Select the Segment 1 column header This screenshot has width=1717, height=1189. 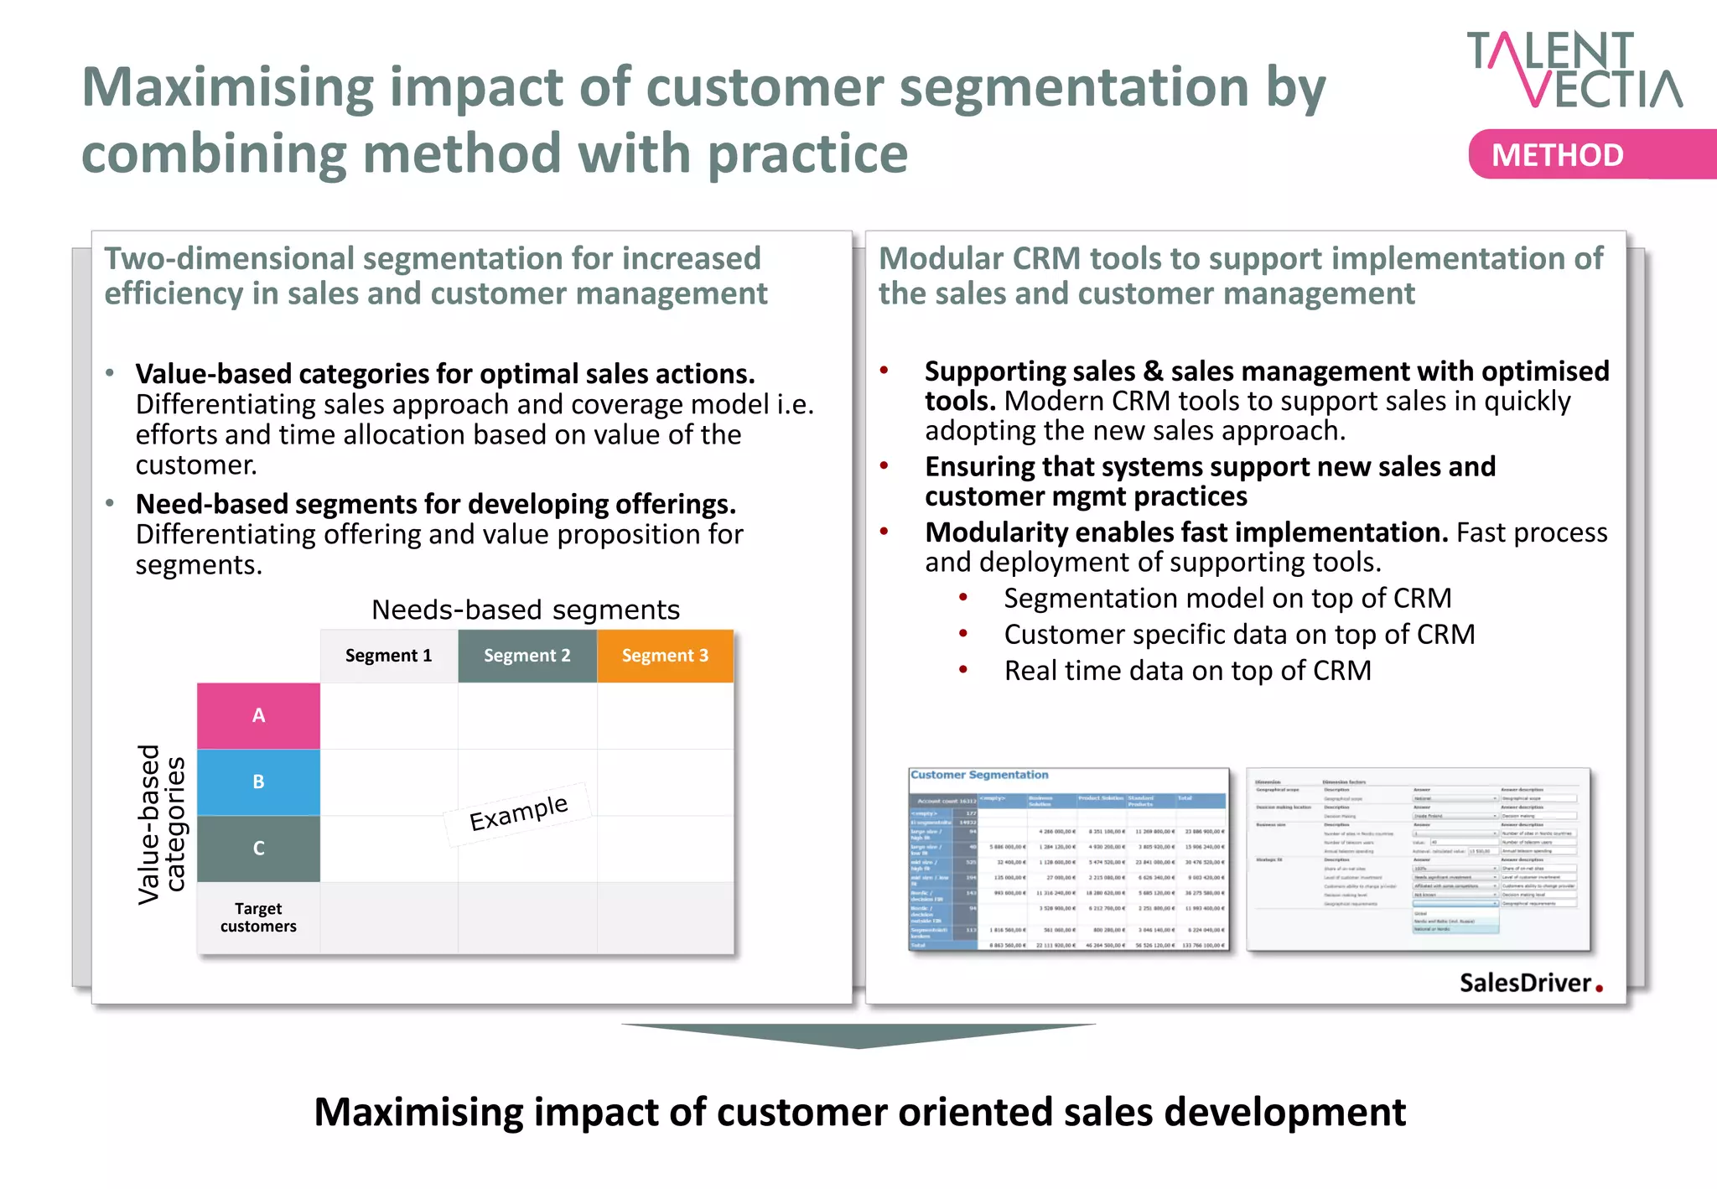click(388, 656)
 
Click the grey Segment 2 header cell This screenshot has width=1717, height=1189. click(527, 656)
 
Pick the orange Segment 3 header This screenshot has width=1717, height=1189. click(665, 656)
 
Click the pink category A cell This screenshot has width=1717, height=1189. click(258, 715)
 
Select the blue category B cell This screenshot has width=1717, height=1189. click(258, 781)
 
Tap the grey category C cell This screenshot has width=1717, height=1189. click(258, 848)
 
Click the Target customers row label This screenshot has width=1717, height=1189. click(258, 917)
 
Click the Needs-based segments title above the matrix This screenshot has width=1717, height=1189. click(526, 610)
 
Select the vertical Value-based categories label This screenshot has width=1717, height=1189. click(161, 823)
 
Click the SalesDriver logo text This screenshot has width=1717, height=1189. click(1525, 983)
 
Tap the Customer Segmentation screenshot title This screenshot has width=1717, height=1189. click(979, 775)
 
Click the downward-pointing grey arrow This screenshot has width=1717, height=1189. click(858, 1035)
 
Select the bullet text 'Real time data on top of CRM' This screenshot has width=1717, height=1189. click(1187, 671)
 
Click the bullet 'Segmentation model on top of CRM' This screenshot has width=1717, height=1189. click(1227, 599)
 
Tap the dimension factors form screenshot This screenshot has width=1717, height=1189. click(1418, 859)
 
